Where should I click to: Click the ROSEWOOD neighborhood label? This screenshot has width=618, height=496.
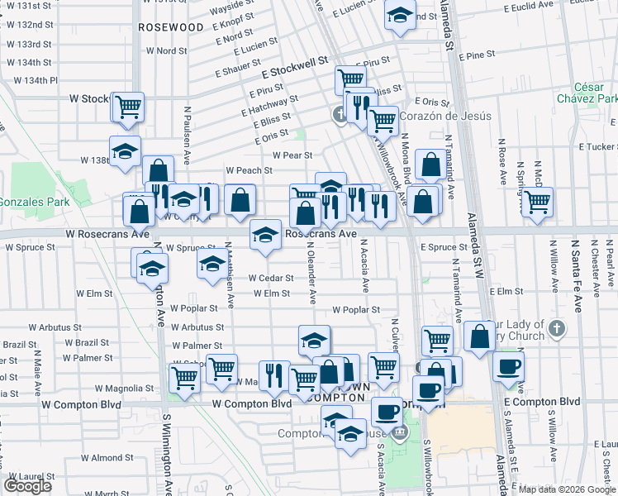(171, 27)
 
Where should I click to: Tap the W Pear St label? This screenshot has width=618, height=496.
(292, 155)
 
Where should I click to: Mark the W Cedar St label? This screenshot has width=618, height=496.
(270, 278)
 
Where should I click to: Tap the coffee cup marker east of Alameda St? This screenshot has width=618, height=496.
(508, 365)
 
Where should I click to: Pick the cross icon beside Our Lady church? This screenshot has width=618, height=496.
(558, 329)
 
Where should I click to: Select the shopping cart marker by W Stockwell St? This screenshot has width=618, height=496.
(128, 105)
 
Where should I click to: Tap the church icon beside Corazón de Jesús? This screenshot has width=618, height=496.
(339, 115)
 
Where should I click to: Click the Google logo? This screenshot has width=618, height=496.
(27, 486)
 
